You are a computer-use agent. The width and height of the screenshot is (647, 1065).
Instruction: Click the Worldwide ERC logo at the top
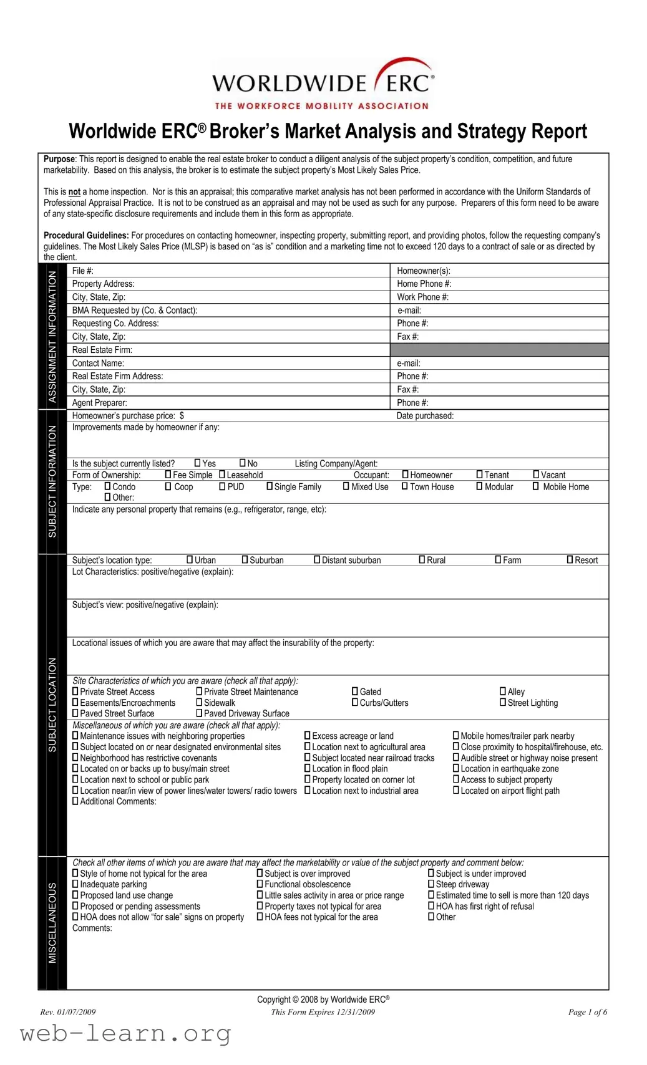pyautogui.click(x=323, y=84)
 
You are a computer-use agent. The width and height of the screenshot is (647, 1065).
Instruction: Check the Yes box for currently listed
pyautogui.click(x=197, y=463)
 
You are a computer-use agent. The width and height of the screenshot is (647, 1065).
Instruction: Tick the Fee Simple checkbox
pyautogui.click(x=168, y=475)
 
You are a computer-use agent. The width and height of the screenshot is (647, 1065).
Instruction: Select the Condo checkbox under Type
pyautogui.click(x=107, y=486)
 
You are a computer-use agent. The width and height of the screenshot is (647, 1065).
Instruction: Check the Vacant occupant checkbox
pyautogui.click(x=536, y=475)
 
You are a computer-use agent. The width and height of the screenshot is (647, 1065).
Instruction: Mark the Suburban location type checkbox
pyautogui.click(x=245, y=560)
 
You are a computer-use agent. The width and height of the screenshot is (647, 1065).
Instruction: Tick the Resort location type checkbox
pyautogui.click(x=570, y=560)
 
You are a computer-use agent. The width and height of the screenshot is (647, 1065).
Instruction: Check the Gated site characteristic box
pyautogui.click(x=355, y=692)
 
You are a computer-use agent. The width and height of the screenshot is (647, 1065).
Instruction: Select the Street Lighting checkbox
pyautogui.click(x=503, y=703)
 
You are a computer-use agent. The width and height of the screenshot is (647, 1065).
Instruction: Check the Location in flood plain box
pyautogui.click(x=307, y=769)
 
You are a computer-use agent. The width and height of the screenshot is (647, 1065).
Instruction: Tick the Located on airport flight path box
pyautogui.click(x=455, y=791)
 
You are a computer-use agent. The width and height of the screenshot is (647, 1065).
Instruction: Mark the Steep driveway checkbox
pyautogui.click(x=431, y=884)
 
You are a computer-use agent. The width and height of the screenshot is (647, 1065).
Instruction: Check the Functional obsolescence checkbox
pyautogui.click(x=260, y=884)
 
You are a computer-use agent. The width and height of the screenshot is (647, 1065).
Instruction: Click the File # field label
pyautogui.click(x=82, y=271)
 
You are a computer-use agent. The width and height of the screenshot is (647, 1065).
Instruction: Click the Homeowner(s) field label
pyautogui.click(x=423, y=271)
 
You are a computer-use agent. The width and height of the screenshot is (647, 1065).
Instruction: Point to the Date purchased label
pyautogui.click(x=425, y=416)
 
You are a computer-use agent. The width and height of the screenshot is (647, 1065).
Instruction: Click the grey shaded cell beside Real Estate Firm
pyautogui.click(x=499, y=350)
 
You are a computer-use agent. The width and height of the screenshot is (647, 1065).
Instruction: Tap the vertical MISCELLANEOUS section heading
pyautogui.click(x=52, y=923)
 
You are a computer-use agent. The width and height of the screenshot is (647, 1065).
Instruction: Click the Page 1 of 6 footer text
pyautogui.click(x=587, y=1012)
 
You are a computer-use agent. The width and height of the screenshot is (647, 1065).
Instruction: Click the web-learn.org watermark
pyautogui.click(x=125, y=1034)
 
